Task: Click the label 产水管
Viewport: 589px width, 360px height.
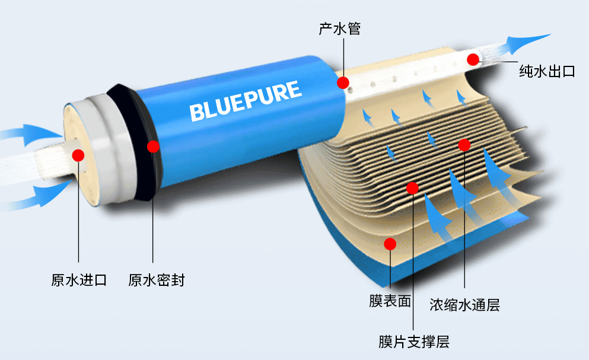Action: coord(339,28)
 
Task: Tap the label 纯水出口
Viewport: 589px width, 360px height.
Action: coord(547,72)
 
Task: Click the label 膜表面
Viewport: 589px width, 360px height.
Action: coord(390,301)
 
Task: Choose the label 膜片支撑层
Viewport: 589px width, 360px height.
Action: coord(413,342)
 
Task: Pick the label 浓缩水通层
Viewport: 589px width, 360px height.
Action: coord(464,305)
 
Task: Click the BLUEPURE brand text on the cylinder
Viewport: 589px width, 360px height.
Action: coord(245,101)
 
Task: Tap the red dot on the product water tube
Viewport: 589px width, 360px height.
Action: coord(343,82)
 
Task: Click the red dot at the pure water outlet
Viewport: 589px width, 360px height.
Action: coord(473,59)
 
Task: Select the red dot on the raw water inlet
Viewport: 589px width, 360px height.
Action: coord(78,155)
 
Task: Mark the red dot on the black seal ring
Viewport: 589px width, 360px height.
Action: coord(153,146)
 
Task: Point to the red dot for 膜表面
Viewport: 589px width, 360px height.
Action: coord(390,243)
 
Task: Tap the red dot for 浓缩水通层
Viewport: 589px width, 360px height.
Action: coord(464,145)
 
